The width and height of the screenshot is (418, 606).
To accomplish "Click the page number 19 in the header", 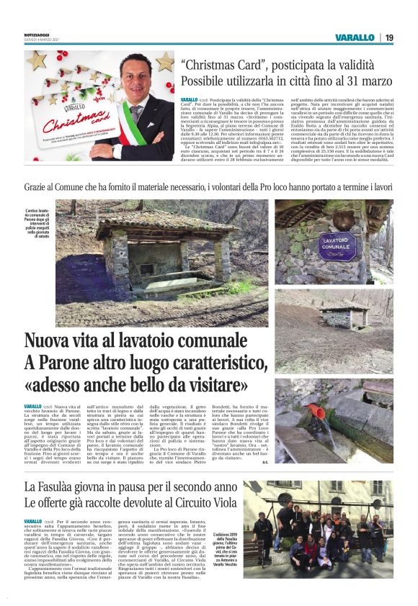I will [389, 37].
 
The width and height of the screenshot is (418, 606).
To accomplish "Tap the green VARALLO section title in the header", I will [355, 37].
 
